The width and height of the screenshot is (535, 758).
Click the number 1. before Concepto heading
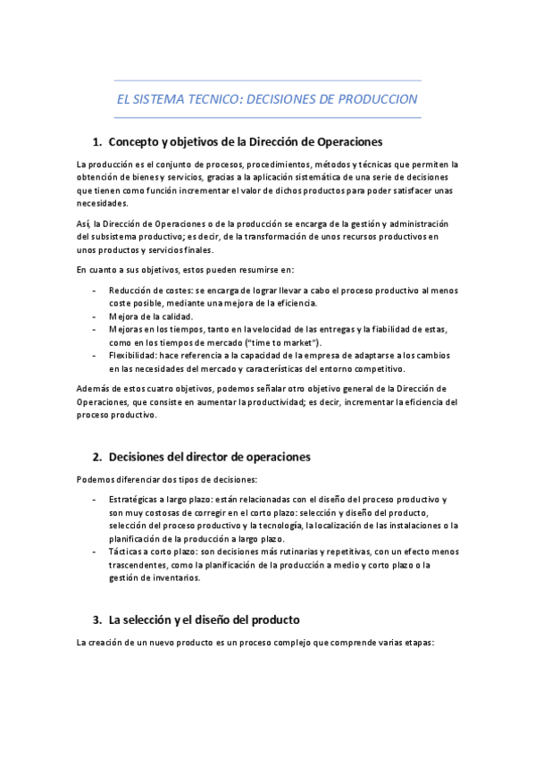click(98, 141)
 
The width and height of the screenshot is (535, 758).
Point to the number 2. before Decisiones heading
click(98, 457)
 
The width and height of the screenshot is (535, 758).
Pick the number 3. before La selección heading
click(98, 619)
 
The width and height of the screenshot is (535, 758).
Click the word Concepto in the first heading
click(133, 141)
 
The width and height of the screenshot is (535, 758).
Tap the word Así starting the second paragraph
click(84, 223)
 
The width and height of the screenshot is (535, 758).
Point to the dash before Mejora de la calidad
click(96, 316)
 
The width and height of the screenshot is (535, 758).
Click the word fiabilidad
click(389, 329)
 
